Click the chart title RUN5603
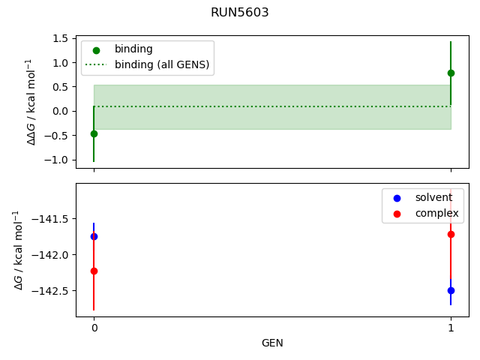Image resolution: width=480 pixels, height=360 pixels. [x=240, y=13]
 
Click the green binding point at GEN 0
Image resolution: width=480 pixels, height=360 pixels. [x=94, y=133]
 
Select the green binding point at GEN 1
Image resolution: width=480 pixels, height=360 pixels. [x=451, y=73]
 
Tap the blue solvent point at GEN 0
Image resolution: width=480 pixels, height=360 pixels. [x=94, y=236]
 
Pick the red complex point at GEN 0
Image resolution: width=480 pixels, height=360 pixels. [x=94, y=271]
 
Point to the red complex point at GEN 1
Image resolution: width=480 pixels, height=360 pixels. [x=451, y=234]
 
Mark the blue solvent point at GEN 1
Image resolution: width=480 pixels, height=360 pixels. [x=451, y=290]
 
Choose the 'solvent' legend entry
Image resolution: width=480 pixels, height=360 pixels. [x=433, y=197]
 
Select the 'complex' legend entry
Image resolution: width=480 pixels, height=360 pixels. [x=436, y=214]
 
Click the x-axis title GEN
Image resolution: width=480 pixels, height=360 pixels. [x=272, y=343]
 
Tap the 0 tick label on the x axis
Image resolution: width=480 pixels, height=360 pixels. [x=94, y=328]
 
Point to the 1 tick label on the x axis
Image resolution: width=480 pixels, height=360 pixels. [x=451, y=328]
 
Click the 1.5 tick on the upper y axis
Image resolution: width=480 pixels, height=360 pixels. [x=62, y=38]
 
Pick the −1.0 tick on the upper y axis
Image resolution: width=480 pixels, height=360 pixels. [x=59, y=160]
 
